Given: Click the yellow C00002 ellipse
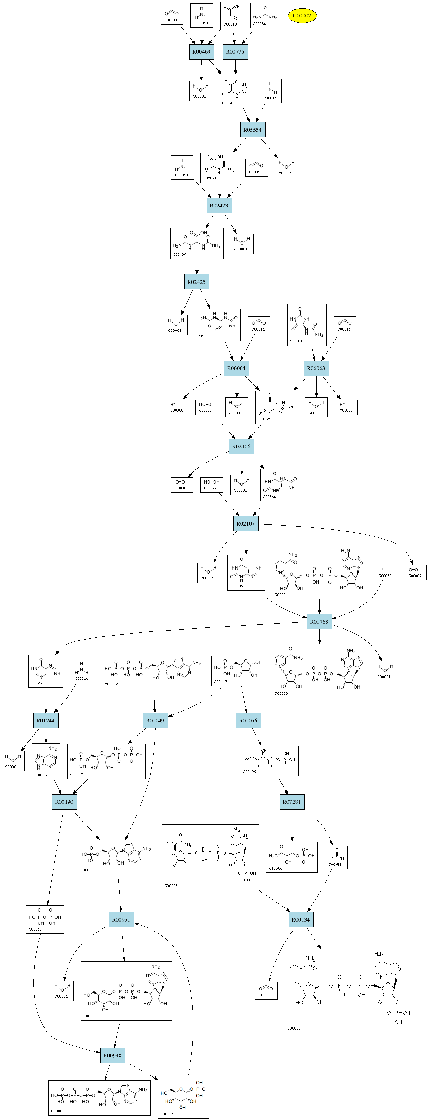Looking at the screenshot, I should [302, 16].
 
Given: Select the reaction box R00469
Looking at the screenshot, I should [201, 52].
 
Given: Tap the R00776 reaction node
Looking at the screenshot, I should [235, 52].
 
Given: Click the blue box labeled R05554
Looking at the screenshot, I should [252, 130].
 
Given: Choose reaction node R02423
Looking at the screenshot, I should [219, 206].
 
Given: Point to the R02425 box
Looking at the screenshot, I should [196, 282].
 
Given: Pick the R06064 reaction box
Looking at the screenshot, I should [236, 368].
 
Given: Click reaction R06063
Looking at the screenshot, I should [316, 368].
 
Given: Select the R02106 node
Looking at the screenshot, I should [241, 446].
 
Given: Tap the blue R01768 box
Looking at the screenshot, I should [319, 622].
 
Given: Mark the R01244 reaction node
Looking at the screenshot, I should [46, 720].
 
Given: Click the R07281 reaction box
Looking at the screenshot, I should [292, 802].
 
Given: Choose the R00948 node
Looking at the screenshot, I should [113, 1055].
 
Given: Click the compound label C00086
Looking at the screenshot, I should [259, 24].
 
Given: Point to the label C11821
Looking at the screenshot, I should [264, 419].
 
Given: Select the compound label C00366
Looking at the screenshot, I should [269, 497].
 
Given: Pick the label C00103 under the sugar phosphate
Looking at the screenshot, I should [167, 1113].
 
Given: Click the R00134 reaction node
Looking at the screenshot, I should [301, 920].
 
